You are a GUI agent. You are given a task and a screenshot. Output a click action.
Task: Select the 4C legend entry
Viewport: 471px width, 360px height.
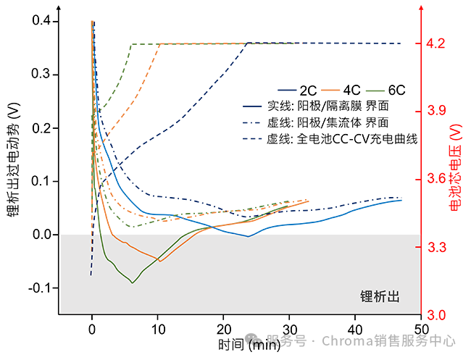click(352, 91)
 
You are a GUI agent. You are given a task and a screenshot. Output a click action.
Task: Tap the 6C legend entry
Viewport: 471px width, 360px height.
click(396, 91)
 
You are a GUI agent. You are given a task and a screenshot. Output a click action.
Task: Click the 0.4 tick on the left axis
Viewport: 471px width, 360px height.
click(42, 22)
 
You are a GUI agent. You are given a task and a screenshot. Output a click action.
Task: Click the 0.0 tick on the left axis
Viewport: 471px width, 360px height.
click(42, 235)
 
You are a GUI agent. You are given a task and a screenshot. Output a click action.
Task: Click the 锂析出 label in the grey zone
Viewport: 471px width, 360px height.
click(380, 297)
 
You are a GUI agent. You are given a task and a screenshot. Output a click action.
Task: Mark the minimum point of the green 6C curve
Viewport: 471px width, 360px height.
click(132, 282)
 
